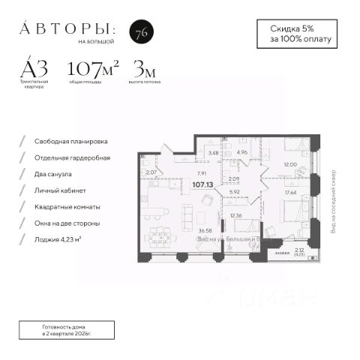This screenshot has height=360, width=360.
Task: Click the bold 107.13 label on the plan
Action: click(x=202, y=183)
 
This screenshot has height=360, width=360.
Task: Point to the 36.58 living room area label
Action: click(x=182, y=230)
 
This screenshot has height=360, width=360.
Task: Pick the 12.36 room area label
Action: click(x=237, y=216)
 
